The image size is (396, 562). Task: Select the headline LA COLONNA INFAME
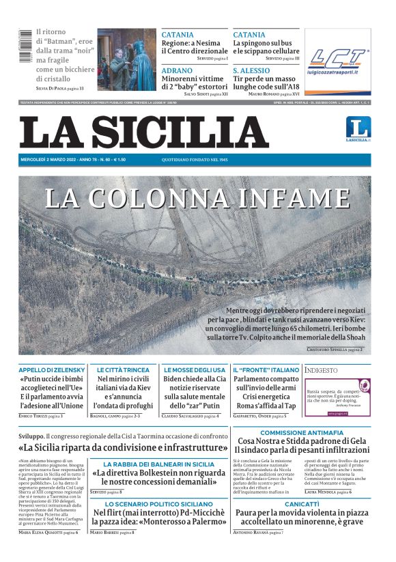click(197, 198)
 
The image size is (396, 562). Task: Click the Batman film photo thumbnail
click(127, 59)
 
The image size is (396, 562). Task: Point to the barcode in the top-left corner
click(25, 59)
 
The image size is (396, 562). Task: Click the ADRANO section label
click(178, 70)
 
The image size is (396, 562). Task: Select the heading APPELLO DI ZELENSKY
click(51, 369)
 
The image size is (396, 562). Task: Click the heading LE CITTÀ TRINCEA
click(123, 369)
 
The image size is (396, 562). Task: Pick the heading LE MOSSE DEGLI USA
click(195, 369)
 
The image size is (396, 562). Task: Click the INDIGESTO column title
click(322, 370)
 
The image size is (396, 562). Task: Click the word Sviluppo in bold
click(31, 434)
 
